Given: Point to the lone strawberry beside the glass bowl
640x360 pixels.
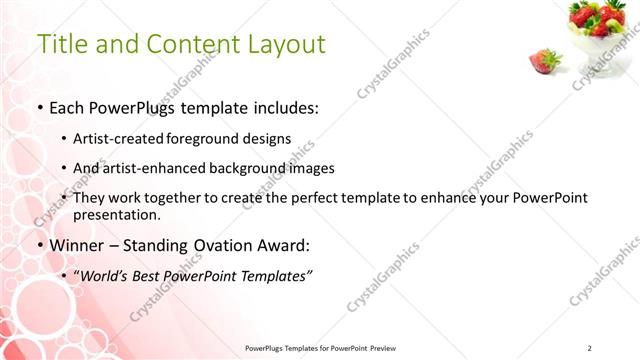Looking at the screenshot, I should click(x=544, y=60).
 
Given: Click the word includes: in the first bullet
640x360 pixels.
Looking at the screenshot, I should click(x=288, y=107).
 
